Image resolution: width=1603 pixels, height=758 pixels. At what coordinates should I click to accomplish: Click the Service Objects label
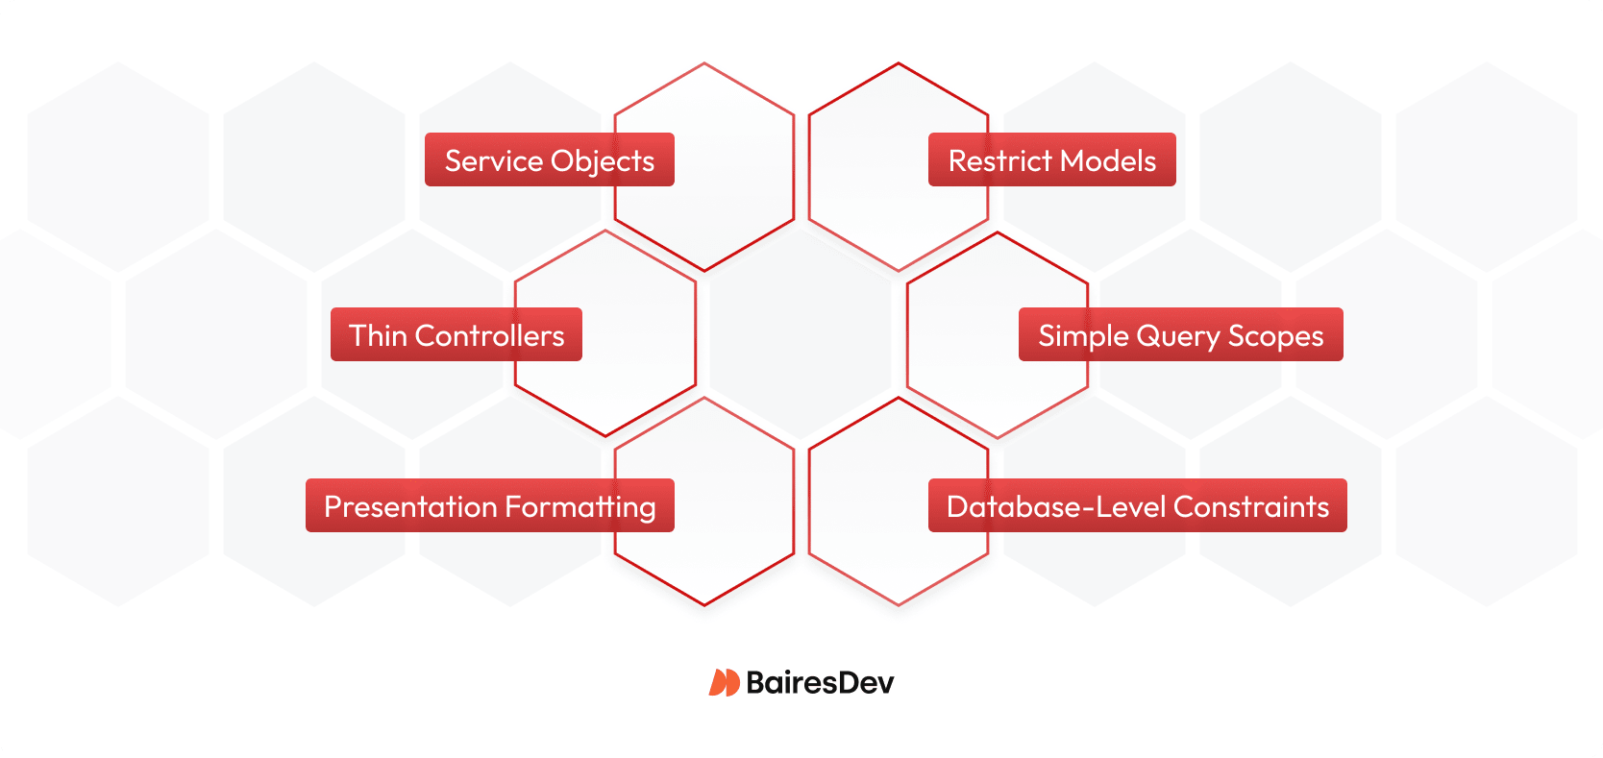point(550,159)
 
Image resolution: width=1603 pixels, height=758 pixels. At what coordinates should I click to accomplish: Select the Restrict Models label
point(1051,159)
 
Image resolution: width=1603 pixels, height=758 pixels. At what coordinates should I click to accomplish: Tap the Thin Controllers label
point(456,334)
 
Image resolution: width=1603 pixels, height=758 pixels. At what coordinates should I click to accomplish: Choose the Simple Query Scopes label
point(1180,334)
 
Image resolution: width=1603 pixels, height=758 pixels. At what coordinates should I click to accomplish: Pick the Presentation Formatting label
point(490,505)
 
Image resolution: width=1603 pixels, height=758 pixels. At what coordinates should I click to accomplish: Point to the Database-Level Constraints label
point(1137,505)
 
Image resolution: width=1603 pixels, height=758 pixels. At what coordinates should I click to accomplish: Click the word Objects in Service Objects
point(604,161)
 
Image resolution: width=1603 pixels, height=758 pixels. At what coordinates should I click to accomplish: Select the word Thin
point(378,335)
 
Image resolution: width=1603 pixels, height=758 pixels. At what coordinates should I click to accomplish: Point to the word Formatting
point(580,507)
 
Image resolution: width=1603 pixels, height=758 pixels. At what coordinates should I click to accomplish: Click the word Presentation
point(409,506)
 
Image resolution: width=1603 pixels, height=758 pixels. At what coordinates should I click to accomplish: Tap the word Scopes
point(1275,336)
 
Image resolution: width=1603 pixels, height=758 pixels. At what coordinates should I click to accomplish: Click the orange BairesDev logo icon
point(724,682)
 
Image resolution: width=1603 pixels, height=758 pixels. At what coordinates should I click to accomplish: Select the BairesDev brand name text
point(820,682)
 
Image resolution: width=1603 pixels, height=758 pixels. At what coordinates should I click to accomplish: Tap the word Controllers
point(489,335)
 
